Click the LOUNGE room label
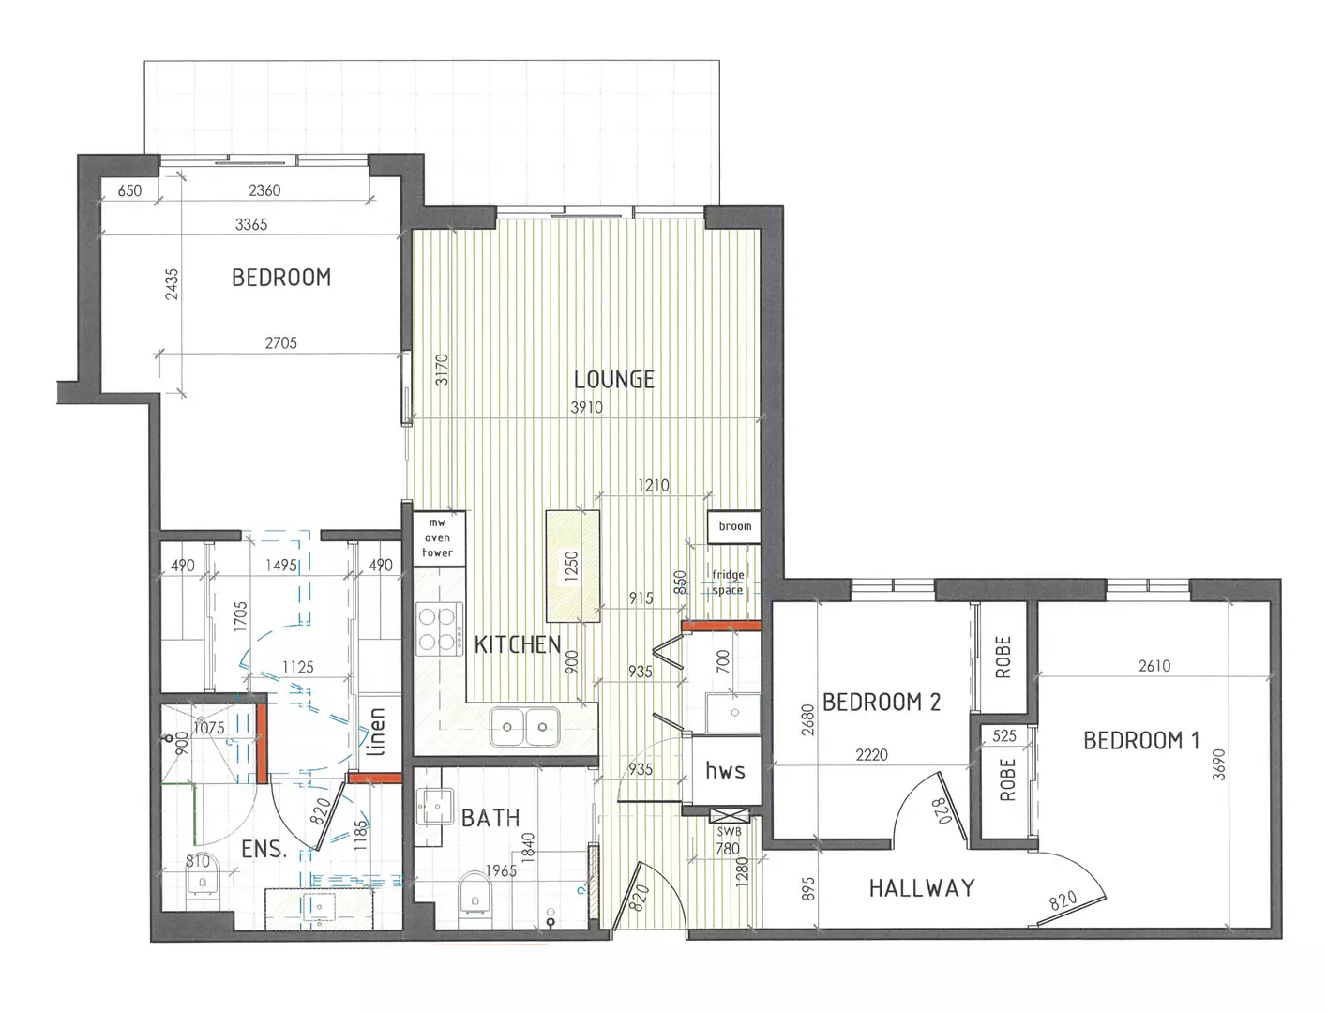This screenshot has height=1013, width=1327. [614, 380]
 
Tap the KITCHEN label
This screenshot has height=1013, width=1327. [518, 644]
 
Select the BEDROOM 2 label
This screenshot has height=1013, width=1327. [881, 702]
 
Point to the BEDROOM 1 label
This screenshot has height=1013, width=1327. [1140, 740]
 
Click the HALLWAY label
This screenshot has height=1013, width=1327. [921, 887]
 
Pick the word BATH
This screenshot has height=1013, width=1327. [490, 818]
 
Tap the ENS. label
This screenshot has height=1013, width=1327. [263, 850]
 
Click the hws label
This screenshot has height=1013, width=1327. [725, 771]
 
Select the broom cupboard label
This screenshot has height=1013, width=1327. [734, 526]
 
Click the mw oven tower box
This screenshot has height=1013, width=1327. [437, 538]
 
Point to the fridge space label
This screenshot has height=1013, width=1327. [728, 582]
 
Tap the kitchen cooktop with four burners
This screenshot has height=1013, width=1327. [436, 629]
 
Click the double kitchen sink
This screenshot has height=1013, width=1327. [524, 724]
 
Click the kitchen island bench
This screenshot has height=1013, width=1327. [573, 565]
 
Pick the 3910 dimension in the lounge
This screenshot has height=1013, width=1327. [587, 408]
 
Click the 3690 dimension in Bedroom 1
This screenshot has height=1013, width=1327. [1218, 764]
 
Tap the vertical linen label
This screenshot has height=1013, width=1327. [375, 732]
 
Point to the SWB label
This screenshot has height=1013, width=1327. [729, 832]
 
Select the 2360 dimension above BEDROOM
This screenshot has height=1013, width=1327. [264, 190]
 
